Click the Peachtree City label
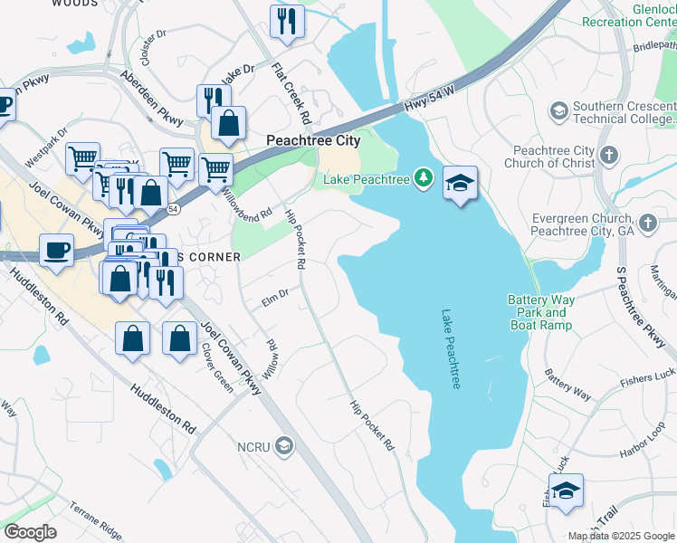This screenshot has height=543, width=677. point(313,140)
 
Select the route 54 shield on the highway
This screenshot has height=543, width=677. point(172,208)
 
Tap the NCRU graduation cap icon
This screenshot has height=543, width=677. point(284,445)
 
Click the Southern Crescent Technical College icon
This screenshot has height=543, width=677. point(558,111)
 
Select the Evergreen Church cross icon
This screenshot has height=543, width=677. point(647,223)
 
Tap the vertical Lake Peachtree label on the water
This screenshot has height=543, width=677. point(451,349)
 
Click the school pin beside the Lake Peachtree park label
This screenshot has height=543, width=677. point(461,184)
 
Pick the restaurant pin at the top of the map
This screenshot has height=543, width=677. point(287,21)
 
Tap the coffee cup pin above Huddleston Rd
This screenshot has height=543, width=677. point(56,251)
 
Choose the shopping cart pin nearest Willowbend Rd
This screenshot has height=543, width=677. point(215,169)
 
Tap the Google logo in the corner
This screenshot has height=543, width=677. point(30,532)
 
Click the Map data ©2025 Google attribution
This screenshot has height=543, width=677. point(621,536)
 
